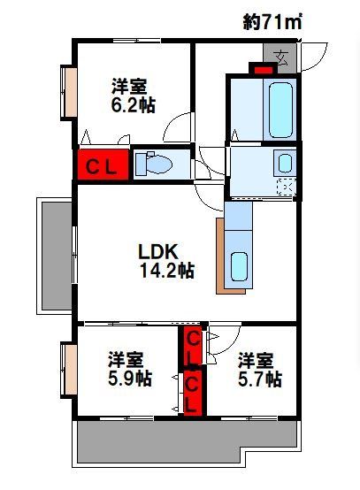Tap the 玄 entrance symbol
pyautogui.click(x=282, y=58)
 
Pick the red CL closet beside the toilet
pyautogui.click(x=103, y=165)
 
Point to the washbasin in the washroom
pyautogui.click(x=285, y=162)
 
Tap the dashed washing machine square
pyautogui.click(x=286, y=187)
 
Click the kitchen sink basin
pyautogui.click(x=239, y=265)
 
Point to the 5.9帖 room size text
pyautogui.click(x=129, y=379)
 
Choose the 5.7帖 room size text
pyautogui.click(x=259, y=379)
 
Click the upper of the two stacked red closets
pyautogui.click(x=192, y=346)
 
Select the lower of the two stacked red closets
pyautogui.click(x=193, y=391)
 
